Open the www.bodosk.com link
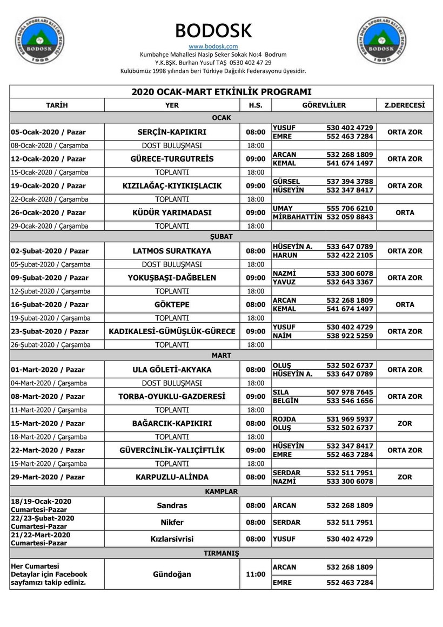[x=213, y=46]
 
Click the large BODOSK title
[x=213, y=30]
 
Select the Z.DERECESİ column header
[x=405, y=105]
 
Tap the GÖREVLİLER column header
[x=324, y=105]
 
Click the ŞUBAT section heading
[x=221, y=237]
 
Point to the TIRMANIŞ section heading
[x=221, y=553]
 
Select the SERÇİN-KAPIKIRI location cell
[x=172, y=132]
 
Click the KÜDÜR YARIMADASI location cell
[x=172, y=212]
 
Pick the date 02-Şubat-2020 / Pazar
[x=50, y=251]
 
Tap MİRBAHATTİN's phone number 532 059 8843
[x=350, y=217]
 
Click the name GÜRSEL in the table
[x=286, y=182]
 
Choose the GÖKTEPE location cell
[x=172, y=304]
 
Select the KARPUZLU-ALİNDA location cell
[x=172, y=477]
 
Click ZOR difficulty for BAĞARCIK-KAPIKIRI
[x=405, y=423]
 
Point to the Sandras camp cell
[x=172, y=505]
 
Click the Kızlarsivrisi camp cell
[x=172, y=539]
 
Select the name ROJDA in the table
[x=284, y=419]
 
